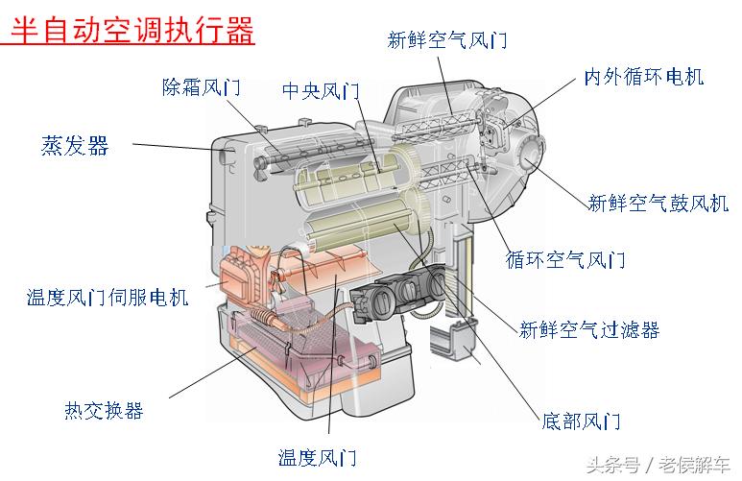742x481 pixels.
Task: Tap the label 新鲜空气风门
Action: [x=446, y=40]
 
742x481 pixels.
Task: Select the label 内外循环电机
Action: [x=643, y=77]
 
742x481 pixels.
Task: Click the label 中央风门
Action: [x=321, y=91]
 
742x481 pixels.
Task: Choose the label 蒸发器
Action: [x=75, y=146]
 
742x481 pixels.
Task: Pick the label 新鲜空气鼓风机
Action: [x=658, y=203]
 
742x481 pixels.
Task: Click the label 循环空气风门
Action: [x=565, y=260]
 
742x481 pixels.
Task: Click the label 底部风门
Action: [x=581, y=421]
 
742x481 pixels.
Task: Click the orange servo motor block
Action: [x=248, y=274]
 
